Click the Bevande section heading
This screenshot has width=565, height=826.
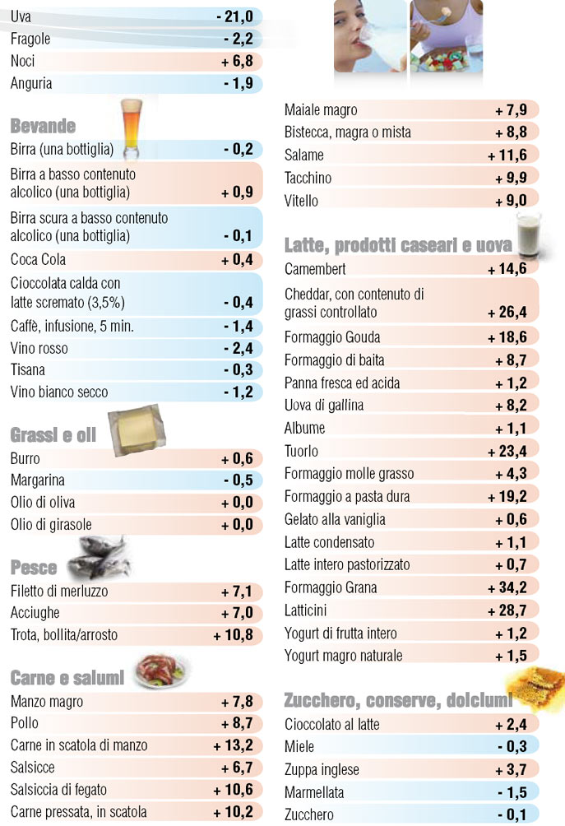point(43,126)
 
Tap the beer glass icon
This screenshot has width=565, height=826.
point(132,130)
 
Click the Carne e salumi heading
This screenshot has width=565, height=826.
point(67,678)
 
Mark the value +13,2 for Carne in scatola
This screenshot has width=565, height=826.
point(235,745)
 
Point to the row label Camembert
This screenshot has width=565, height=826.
point(315,269)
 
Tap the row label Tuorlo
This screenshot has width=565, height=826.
point(301,451)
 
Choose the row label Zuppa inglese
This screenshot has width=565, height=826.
point(322,770)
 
